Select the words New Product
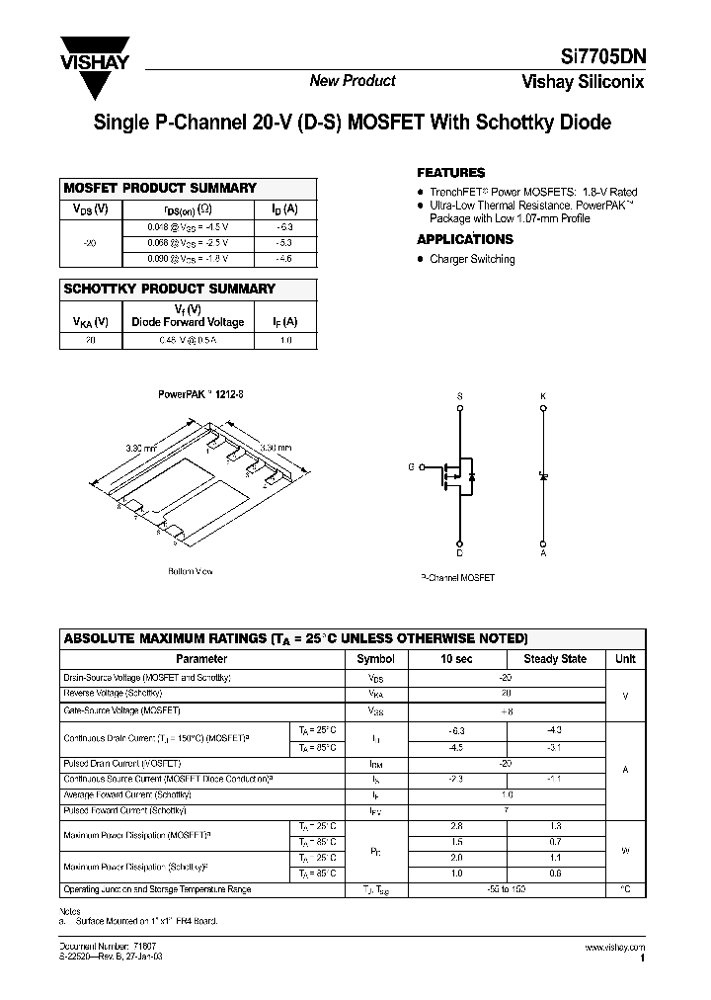click(x=353, y=81)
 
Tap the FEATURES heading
click(x=451, y=172)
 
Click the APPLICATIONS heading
click(x=465, y=239)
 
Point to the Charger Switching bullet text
click(x=472, y=259)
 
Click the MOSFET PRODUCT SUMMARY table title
click(x=160, y=188)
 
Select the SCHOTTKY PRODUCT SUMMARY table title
click(x=169, y=289)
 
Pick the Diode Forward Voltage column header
click(x=188, y=321)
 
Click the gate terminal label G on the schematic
click(x=412, y=466)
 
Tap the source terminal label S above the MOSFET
click(x=459, y=396)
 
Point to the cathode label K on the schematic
click(x=543, y=396)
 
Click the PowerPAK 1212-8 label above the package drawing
click(x=201, y=393)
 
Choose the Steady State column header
click(x=554, y=659)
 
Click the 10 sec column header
click(x=457, y=659)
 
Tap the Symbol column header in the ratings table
click(x=375, y=659)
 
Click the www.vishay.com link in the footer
click(x=615, y=948)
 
